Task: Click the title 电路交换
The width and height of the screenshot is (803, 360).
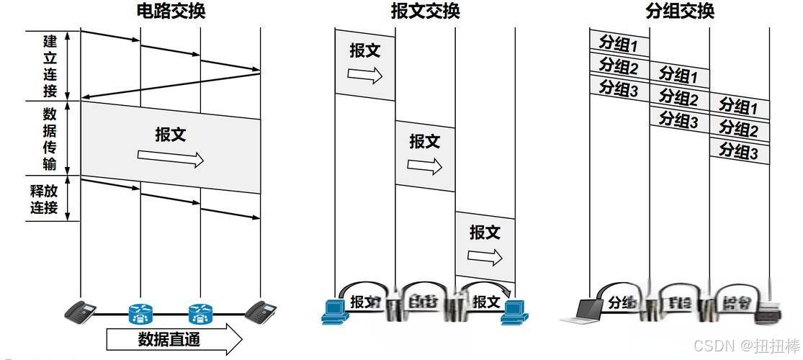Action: click(x=170, y=11)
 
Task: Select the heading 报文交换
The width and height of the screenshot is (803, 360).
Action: click(x=425, y=11)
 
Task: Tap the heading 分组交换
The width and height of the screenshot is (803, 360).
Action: click(x=680, y=11)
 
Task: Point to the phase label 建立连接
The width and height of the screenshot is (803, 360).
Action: click(x=50, y=66)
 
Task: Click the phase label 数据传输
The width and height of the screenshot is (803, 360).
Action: click(x=50, y=139)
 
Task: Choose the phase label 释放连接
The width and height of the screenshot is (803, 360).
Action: click(x=44, y=200)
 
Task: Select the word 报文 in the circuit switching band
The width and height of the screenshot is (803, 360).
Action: click(x=171, y=134)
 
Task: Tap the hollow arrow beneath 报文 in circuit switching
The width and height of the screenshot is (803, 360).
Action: click(x=171, y=158)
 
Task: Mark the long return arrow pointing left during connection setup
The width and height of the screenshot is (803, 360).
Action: click(x=170, y=85)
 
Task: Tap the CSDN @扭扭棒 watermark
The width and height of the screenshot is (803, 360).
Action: click(x=746, y=346)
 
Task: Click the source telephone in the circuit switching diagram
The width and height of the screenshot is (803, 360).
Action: click(x=80, y=312)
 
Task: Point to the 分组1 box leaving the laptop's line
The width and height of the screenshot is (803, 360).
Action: click(x=619, y=43)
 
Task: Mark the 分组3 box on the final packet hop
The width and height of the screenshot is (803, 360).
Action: click(x=739, y=151)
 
